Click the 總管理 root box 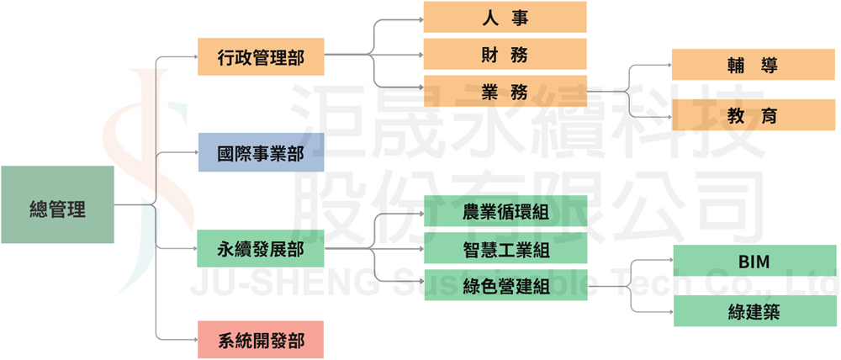point(57,204)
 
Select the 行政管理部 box point(261,56)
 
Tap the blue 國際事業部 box point(261,152)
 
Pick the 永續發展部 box point(261,248)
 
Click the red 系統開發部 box point(261,340)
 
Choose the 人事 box point(505,17)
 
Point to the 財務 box point(505,55)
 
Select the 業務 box point(505,92)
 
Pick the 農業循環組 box point(505,211)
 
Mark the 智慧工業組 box point(505,249)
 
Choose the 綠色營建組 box point(505,287)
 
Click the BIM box point(754,262)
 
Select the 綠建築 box point(754,311)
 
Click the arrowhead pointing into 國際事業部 point(194,152)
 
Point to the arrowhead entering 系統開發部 point(194,340)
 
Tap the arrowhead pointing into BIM point(669,262)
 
